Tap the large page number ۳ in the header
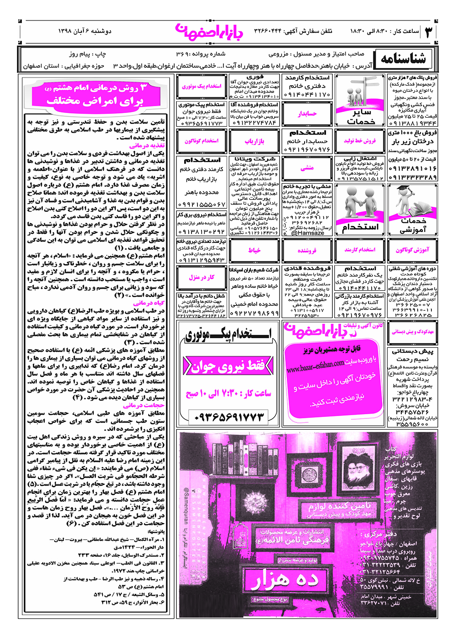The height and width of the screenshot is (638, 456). tap(429, 31)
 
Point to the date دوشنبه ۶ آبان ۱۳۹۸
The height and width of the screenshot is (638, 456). tap(85, 31)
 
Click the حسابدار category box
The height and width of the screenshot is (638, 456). tap(307, 113)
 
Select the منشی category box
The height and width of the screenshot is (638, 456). tap(307, 168)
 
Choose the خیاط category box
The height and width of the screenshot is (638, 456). tap(254, 250)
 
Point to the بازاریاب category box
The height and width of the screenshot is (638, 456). tap(254, 141)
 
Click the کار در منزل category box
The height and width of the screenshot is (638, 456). tap(202, 277)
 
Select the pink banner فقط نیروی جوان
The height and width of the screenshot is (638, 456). tap(228, 366)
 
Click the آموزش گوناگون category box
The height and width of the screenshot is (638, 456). tap(412, 250)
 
